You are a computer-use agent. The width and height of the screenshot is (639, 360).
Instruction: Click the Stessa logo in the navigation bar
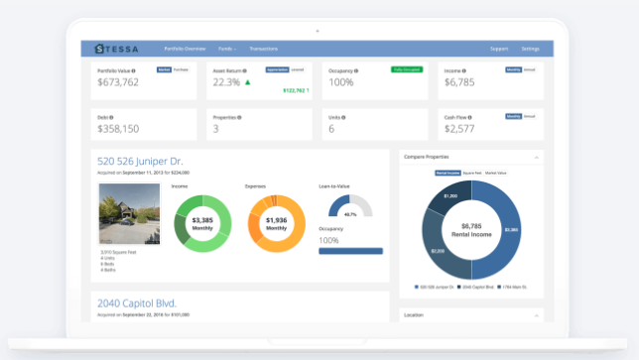pos(116,48)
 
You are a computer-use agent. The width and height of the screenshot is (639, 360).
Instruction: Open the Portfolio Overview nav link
pos(185,48)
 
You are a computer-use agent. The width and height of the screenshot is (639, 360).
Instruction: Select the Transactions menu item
pos(264,48)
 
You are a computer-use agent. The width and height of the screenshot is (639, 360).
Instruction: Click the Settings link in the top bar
pos(530,48)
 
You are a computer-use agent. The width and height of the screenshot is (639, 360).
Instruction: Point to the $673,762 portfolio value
pos(118,82)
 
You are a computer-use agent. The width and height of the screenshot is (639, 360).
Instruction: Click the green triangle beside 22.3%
pos(247,82)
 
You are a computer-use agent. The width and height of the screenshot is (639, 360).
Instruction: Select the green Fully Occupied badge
pos(407,69)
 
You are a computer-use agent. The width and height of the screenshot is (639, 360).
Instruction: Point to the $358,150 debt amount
pos(118,129)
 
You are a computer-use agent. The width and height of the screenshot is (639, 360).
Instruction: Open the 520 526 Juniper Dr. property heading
pos(140,161)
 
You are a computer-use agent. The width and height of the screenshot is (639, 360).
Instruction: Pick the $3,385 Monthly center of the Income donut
pos(202,222)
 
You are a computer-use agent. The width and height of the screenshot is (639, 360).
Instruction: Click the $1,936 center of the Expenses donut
pos(276,222)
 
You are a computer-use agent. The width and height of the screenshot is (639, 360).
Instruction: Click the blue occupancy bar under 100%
pos(349,251)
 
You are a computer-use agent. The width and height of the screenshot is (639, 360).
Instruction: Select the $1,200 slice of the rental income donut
pos(450,196)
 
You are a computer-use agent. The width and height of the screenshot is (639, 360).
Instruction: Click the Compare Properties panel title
pos(426,157)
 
